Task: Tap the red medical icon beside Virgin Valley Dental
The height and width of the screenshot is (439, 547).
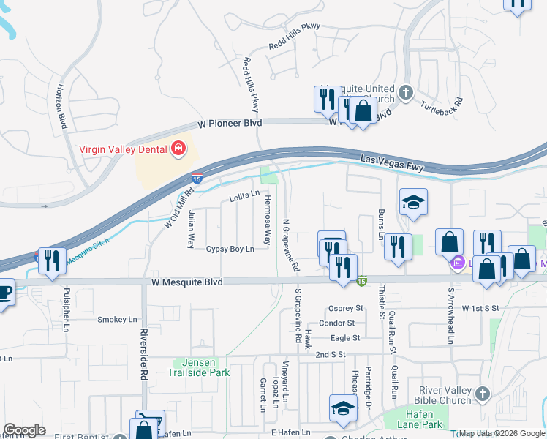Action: pos(177,150)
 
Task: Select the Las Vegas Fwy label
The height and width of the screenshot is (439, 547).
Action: pos(393,163)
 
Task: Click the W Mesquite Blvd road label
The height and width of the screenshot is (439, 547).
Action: pos(187,281)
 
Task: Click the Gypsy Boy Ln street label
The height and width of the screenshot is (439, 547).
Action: pos(230,249)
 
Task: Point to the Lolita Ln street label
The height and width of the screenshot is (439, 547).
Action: pos(244,195)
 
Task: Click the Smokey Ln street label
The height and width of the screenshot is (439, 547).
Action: pos(117,320)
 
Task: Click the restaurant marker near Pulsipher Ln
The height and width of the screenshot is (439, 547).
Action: pos(51,262)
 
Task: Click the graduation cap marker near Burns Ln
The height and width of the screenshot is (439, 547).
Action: pos(413,203)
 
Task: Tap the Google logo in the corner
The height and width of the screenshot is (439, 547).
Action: pos(24,430)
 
